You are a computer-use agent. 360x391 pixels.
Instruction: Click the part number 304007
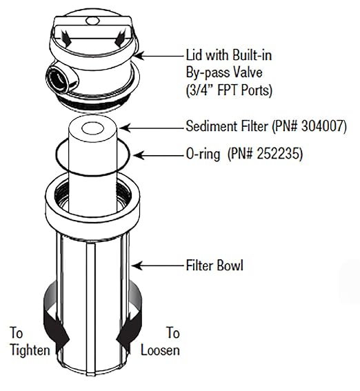coord(323,126)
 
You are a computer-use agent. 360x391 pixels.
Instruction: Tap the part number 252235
coord(279,154)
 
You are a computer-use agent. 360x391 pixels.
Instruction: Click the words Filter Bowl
coord(214,265)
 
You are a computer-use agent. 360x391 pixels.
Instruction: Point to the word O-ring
coord(203,154)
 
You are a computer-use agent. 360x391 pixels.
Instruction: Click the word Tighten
coord(30,350)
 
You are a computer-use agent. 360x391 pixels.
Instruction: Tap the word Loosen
coord(160,350)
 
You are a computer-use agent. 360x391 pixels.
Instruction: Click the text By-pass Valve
coord(224,73)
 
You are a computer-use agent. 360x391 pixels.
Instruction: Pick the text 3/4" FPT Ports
coord(229,90)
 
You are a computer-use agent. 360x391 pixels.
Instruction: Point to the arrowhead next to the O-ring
coord(139,155)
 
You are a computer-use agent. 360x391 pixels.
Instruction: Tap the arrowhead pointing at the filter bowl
coord(137,265)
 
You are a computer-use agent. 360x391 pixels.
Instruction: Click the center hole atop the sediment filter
coord(92,129)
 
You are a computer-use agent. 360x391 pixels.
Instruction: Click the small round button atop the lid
coord(92,21)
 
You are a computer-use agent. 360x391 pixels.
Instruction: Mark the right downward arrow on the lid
coord(119,38)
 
